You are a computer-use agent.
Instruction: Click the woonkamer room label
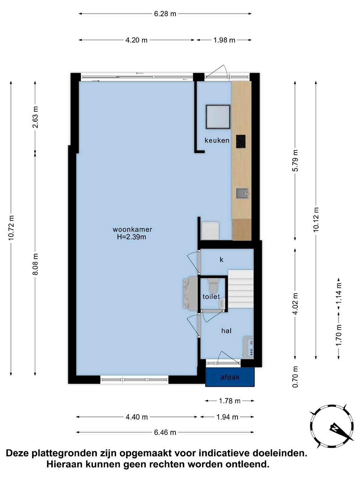[132, 229]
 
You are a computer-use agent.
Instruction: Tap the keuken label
[217, 140]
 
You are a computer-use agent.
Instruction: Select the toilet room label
[211, 297]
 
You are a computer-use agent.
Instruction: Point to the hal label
[226, 331]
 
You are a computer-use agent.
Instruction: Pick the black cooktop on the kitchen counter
[241, 142]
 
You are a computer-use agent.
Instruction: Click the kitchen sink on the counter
[242, 194]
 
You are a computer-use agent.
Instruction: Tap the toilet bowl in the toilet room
[213, 285]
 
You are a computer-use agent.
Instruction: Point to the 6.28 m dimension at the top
[165, 14]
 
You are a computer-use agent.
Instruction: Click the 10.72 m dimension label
[11, 228]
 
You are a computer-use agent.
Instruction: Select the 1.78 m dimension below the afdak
[230, 401]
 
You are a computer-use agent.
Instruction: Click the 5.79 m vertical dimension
[295, 161]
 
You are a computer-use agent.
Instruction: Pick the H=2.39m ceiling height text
[131, 237]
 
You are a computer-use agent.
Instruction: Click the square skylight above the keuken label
[218, 117]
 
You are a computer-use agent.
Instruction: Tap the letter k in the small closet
[221, 259]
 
